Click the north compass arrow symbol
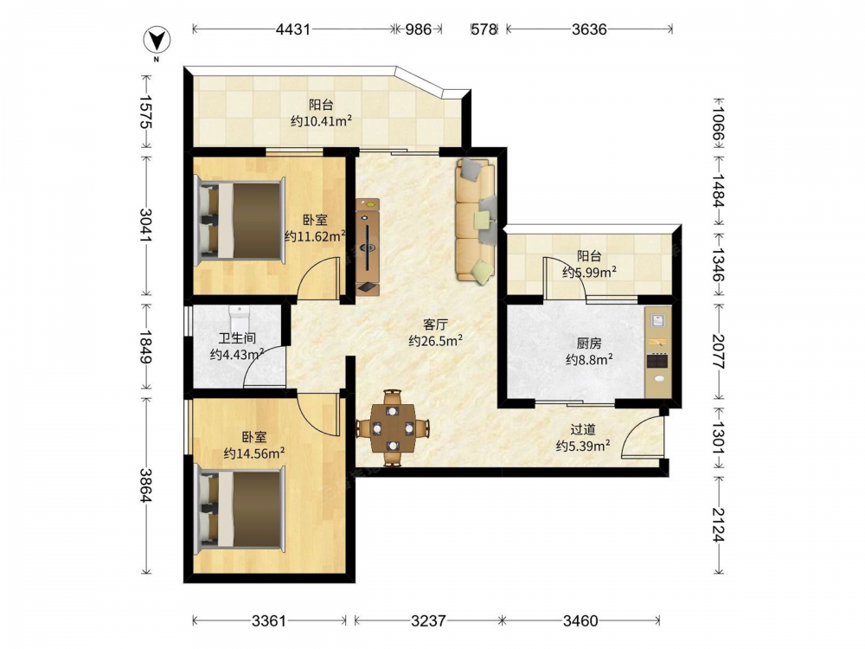pos(157,41)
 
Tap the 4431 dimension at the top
pos(293,29)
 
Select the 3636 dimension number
pos(589,29)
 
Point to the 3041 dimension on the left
pos(146,225)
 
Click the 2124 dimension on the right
pos(718,524)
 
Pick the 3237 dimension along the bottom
pos(428,620)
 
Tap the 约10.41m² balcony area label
pos(322,121)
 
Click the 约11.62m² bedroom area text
pos(315,237)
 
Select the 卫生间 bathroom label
pos(237,338)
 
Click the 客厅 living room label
pos(435,324)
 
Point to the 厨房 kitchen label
pos(589,344)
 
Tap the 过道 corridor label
pos(582,429)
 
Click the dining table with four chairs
pos(393,427)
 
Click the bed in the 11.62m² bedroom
pos(240,220)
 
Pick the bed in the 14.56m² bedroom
pos(240,509)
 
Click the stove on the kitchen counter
pos(657,360)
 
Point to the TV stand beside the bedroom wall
pos(368,247)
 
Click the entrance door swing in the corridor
pos(643,436)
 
